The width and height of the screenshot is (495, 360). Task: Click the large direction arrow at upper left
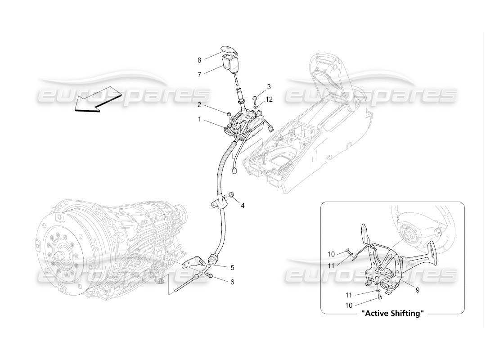point(97,101)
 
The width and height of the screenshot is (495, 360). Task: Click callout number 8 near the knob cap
point(199,60)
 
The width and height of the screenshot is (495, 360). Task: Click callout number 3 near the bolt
point(269,86)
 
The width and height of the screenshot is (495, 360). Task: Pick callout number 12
point(269,99)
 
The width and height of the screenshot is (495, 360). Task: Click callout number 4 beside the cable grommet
point(243,206)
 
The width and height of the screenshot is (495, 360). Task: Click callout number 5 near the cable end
point(232,267)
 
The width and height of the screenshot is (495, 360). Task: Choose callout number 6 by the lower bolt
point(232,282)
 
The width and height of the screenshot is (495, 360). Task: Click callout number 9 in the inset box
point(417,290)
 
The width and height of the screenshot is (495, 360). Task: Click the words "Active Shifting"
point(392,314)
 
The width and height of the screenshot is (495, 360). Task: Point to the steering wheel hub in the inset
point(409,233)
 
